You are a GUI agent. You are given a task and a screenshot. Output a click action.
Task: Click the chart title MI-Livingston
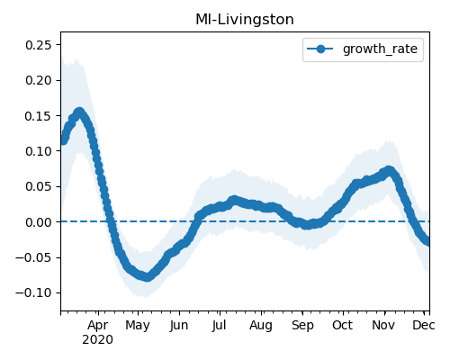(245, 20)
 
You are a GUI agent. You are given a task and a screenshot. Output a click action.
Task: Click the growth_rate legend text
(380, 49)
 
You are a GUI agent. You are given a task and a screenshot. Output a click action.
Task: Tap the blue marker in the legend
(320, 49)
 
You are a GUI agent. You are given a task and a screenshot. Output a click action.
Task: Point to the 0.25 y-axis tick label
(39, 45)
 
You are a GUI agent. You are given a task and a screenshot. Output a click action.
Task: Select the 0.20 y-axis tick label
(39, 80)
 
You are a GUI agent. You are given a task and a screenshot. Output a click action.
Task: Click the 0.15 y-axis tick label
(39, 116)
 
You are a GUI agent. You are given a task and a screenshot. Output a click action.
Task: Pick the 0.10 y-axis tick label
(39, 151)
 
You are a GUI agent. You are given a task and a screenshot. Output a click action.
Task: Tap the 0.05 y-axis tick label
(39, 186)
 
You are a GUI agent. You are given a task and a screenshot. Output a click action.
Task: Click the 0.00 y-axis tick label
(39, 222)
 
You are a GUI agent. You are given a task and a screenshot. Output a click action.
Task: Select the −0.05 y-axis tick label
(33, 257)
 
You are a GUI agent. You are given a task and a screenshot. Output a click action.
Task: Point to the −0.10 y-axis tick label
(33, 292)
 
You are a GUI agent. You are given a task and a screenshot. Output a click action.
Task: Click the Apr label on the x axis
(98, 326)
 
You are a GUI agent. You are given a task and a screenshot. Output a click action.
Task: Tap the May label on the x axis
(138, 326)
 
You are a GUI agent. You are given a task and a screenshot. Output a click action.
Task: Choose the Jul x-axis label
(220, 326)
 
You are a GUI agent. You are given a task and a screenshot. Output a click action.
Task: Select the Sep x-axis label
(302, 326)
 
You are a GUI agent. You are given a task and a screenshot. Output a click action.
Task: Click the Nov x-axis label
(383, 325)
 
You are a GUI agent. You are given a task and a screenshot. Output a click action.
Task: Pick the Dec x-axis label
(424, 325)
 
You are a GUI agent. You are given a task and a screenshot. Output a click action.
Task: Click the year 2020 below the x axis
(98, 340)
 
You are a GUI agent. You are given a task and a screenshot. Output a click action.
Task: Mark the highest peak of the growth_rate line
(79, 112)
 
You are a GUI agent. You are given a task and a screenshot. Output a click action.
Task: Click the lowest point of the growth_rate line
(147, 276)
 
